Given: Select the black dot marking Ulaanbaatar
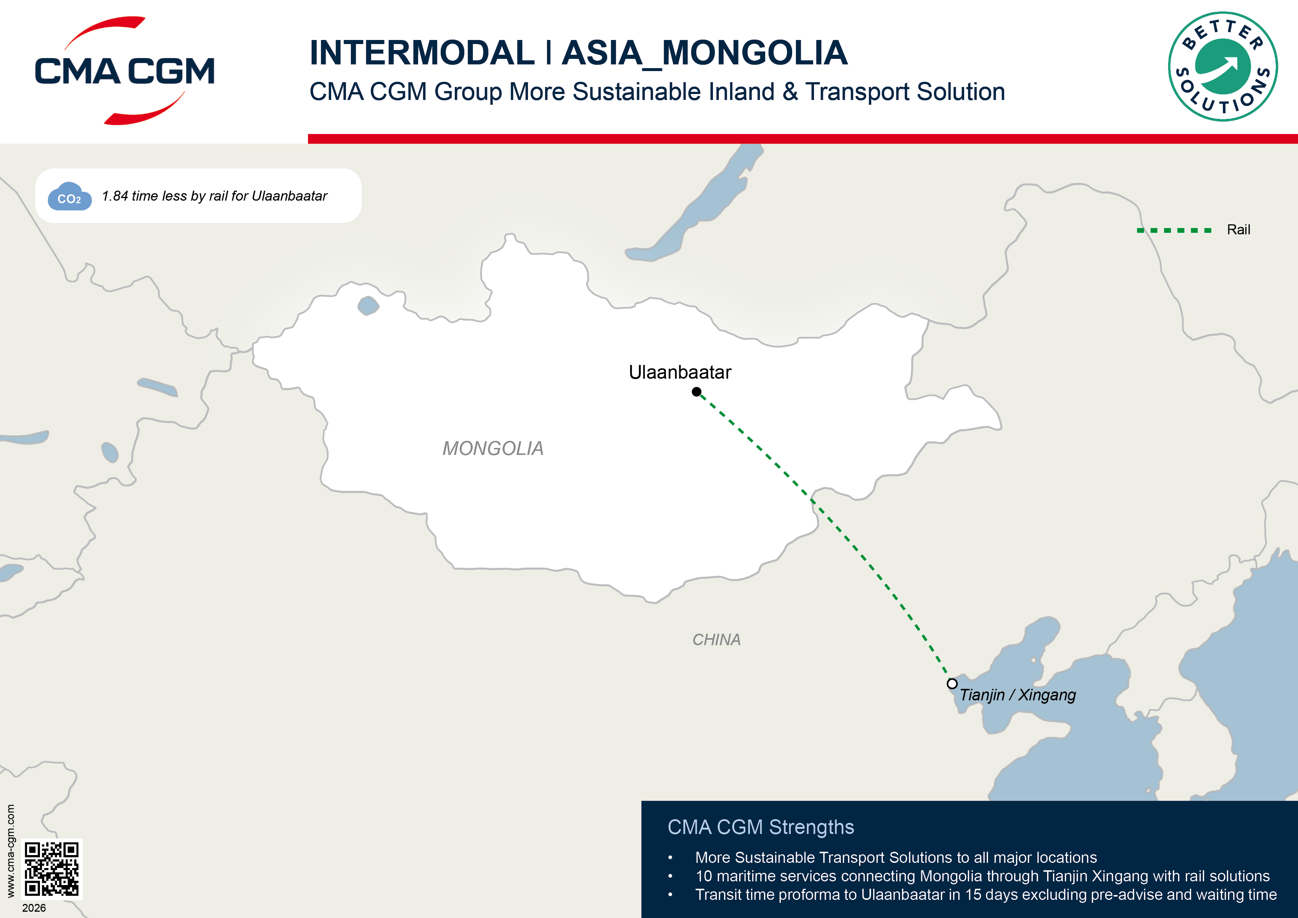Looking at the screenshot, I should pos(696,391).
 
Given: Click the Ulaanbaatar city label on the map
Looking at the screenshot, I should pos(680,372).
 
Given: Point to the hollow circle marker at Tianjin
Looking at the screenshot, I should pos(952,684).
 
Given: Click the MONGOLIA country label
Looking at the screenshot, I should pos(492,449).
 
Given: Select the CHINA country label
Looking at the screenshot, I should pos(716,640).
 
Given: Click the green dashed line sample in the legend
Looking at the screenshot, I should pos(1174,230).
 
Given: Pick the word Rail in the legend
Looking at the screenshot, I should pos(1238,229).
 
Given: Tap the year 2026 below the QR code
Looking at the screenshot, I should pos(34,908).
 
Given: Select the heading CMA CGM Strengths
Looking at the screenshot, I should pos(760,827).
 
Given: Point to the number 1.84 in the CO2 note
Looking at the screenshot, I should pos(115,196).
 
